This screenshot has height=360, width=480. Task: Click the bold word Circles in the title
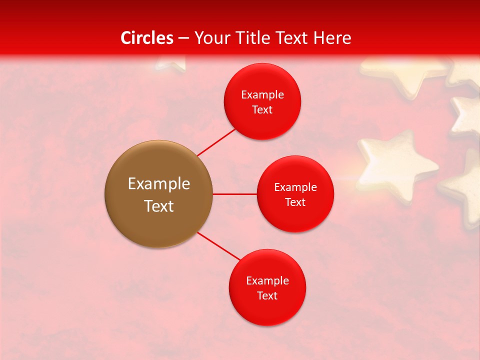[147, 38]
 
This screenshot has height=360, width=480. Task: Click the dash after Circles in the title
[183, 38]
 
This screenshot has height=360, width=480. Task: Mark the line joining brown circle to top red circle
[216, 142]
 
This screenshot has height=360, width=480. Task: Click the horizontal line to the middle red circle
[234, 194]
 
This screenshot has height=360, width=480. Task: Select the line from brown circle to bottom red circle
[219, 246]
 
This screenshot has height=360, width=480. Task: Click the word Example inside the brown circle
[159, 184]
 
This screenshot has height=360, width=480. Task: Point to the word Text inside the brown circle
[159, 206]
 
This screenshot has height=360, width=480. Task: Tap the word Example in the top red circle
[262, 95]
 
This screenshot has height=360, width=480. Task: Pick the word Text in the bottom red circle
[267, 295]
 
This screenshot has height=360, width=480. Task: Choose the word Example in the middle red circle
[295, 187]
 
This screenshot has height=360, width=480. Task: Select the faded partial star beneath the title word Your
[170, 63]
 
